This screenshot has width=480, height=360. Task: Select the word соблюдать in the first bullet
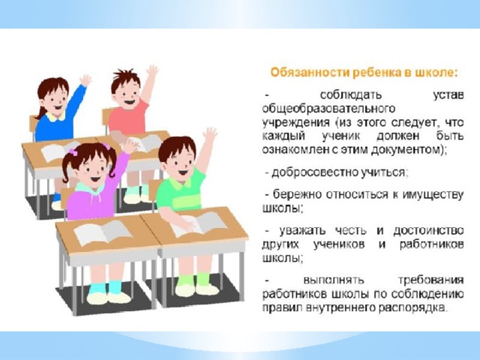click(351, 95)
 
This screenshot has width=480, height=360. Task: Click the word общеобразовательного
click(328, 109)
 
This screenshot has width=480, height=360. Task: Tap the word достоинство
click(428, 230)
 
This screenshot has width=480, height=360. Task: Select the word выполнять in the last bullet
click(334, 280)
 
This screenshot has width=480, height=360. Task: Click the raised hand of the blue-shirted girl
click(85, 80)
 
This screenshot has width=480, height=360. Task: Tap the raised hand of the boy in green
click(210, 134)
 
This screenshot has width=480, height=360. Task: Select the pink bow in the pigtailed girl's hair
click(73, 151)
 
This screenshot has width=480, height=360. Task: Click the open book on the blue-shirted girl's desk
click(58, 151)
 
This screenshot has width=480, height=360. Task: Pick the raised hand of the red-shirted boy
click(151, 71)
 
